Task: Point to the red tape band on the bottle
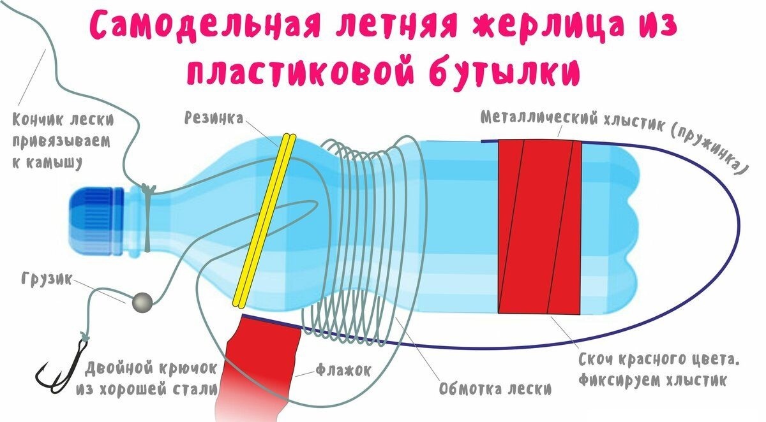click(539, 226)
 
